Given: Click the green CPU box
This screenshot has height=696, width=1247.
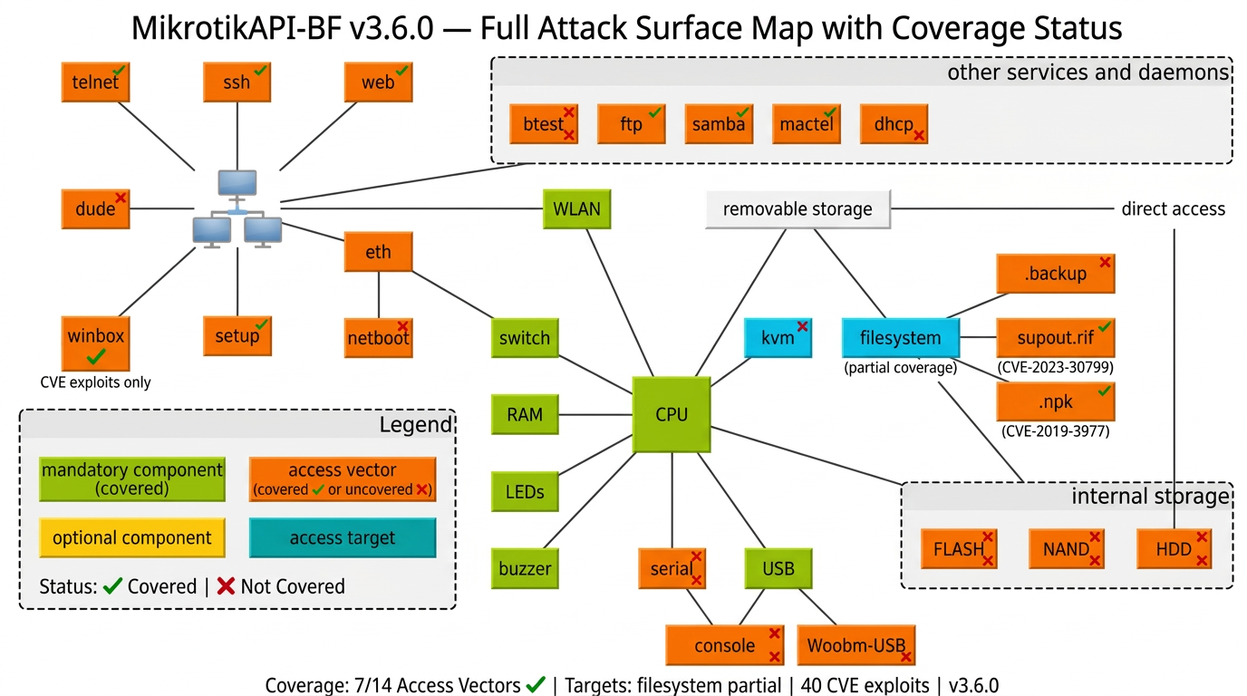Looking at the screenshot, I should (672, 415).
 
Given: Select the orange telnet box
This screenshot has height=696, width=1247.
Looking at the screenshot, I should (95, 82).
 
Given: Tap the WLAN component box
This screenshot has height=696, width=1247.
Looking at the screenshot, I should (576, 209).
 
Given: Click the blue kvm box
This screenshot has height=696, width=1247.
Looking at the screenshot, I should (778, 338).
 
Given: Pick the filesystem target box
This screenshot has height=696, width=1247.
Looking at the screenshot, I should (900, 338).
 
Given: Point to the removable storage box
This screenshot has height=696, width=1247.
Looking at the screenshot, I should (797, 209).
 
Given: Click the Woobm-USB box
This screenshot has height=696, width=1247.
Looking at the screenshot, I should (856, 645).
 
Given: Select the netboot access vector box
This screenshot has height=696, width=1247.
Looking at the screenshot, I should (378, 338).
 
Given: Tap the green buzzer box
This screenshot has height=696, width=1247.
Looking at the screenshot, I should (525, 569).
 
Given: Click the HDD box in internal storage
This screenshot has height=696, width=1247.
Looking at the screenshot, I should (1174, 549).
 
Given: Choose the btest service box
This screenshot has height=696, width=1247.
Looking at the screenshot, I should (544, 124).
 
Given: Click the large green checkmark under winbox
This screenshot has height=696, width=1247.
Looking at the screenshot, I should (96, 357).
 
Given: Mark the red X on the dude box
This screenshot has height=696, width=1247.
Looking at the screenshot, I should (121, 197).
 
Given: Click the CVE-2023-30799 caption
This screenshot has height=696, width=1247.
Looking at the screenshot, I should (1055, 368).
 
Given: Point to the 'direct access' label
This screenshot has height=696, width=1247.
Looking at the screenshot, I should (1173, 209).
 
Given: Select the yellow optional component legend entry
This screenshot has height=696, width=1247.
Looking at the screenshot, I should (132, 537).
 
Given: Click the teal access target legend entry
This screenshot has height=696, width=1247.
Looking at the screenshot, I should (343, 537).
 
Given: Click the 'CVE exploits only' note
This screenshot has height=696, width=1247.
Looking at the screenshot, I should (96, 382).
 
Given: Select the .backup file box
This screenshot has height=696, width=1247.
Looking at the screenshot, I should (1055, 274).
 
